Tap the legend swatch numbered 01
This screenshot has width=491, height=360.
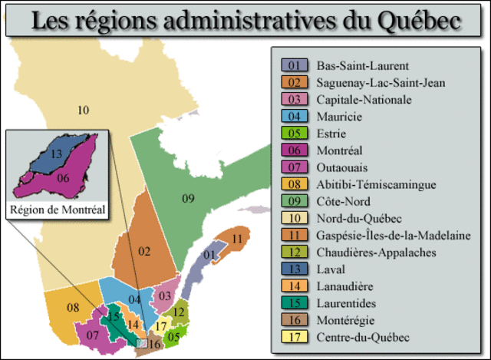pyautogui.click(x=294, y=65)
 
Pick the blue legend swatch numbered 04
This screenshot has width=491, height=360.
pyautogui.click(x=294, y=117)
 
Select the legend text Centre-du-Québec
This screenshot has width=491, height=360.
pyautogui.click(x=351, y=337)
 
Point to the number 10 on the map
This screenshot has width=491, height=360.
pyautogui.click(x=84, y=110)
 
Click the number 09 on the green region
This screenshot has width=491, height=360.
pyautogui.click(x=188, y=200)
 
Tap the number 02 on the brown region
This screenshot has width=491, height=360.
pyautogui.click(x=144, y=250)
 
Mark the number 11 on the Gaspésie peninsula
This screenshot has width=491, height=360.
pyautogui.click(x=237, y=239)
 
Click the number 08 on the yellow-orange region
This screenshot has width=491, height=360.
pyautogui.click(x=73, y=308)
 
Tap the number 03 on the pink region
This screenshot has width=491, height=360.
pyautogui.click(x=165, y=295)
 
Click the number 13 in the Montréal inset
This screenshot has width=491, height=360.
pyautogui.click(x=57, y=154)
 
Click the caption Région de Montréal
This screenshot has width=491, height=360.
pyautogui.click(x=56, y=207)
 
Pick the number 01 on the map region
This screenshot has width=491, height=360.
pyautogui.click(x=208, y=254)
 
